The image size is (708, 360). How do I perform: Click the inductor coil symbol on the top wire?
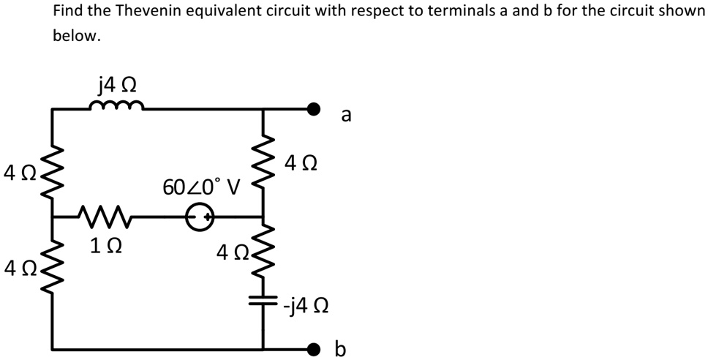pyautogui.click(x=116, y=107)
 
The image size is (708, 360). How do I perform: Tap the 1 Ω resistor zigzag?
pyautogui.click(x=102, y=216)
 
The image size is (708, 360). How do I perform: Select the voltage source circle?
pyautogui.click(x=200, y=217)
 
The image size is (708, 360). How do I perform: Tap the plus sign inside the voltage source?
pyautogui.click(x=208, y=217)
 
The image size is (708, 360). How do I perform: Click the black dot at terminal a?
pyautogui.click(x=314, y=110)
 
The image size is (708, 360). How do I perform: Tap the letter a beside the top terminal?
pyautogui.click(x=346, y=115)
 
